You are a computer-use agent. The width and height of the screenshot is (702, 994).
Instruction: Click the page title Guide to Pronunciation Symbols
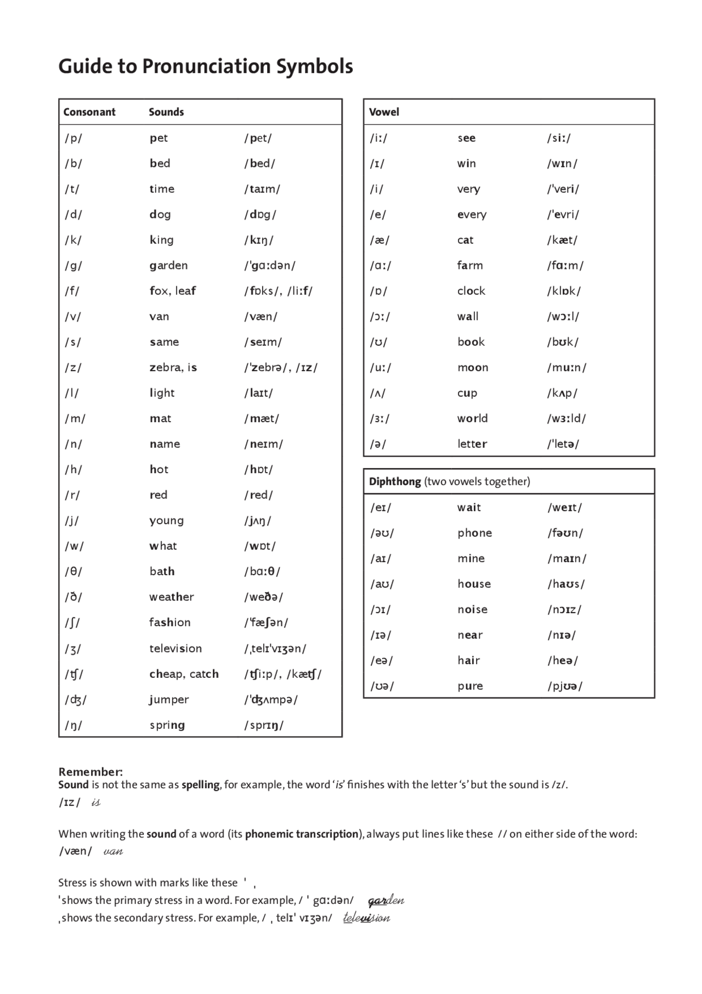[205, 66]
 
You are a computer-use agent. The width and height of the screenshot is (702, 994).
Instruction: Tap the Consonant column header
[89, 112]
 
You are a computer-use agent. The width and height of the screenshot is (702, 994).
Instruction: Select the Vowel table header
[384, 112]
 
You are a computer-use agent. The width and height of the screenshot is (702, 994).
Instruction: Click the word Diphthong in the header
[395, 481]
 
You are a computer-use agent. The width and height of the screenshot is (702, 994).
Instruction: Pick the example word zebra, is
[173, 367]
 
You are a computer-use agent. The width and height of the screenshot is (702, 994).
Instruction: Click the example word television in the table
[175, 648]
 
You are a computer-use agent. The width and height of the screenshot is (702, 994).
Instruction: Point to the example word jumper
[169, 699]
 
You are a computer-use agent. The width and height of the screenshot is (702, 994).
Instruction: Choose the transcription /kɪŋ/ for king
[258, 240]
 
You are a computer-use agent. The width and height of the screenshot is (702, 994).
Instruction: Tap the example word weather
[171, 597]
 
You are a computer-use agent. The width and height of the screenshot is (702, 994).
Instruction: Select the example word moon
[473, 367]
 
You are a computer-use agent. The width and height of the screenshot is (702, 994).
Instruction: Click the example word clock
[471, 291]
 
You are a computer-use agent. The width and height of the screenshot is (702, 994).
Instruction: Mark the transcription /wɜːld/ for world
[566, 418]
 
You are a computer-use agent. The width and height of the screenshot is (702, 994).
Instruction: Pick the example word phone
[474, 533]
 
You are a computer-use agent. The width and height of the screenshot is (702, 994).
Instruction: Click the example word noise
[472, 609]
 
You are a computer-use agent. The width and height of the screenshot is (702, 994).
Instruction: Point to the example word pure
[470, 686]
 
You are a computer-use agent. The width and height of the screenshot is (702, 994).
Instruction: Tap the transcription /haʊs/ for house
[566, 584]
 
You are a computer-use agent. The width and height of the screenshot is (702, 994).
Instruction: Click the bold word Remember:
[90, 771]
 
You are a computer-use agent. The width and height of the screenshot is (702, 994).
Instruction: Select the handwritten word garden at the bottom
[386, 901]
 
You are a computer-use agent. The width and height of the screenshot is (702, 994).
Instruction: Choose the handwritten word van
[113, 851]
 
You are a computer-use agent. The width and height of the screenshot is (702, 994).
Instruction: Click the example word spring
[167, 725]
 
